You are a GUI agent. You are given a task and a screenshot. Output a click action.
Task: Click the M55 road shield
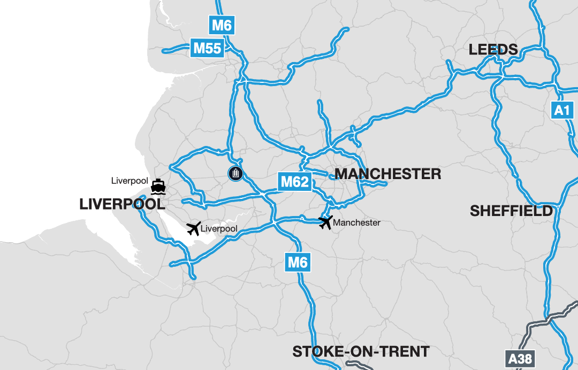(x=207, y=49)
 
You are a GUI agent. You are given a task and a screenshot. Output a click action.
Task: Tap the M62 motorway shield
(x=295, y=182)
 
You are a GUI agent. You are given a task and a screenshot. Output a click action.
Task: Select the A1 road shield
(x=561, y=111)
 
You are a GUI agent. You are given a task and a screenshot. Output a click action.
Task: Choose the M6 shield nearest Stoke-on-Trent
(x=298, y=262)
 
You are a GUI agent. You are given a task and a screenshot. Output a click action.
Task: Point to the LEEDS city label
(x=493, y=50)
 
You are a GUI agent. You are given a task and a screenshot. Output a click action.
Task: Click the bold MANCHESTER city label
(x=387, y=174)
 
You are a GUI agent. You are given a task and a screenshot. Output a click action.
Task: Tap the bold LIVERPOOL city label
(x=122, y=204)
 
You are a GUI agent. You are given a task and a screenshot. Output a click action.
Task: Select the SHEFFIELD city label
(x=511, y=211)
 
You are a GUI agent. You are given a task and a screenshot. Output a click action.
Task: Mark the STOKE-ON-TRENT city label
(x=361, y=351)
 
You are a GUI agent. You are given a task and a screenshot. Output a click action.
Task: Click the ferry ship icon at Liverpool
(x=158, y=187)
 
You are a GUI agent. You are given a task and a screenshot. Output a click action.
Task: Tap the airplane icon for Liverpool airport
(x=194, y=229)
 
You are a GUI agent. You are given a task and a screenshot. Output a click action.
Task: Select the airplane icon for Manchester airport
(x=325, y=222)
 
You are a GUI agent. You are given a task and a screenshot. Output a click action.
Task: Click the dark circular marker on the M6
(x=235, y=173)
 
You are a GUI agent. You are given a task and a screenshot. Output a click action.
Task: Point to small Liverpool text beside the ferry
(x=130, y=181)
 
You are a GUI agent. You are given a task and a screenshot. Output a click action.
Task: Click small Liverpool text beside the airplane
(x=220, y=229)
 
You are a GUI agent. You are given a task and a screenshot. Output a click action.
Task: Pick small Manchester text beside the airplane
(x=356, y=222)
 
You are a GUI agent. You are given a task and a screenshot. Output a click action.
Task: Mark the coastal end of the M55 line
(x=164, y=51)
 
